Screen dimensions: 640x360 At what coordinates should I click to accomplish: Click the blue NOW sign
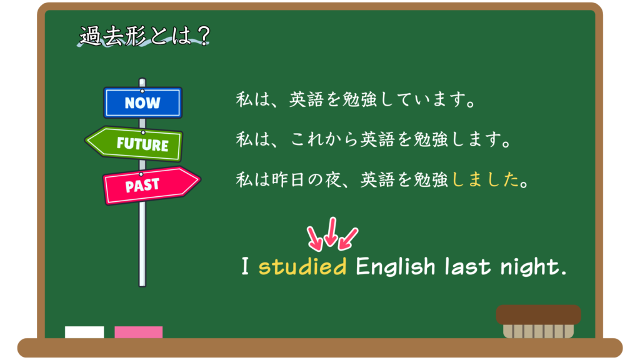[x=142, y=102]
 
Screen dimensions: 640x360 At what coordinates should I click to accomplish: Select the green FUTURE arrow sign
[x=134, y=144]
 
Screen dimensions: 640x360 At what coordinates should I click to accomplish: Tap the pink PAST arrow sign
[x=151, y=185]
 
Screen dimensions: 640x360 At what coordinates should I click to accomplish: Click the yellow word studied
[x=302, y=267]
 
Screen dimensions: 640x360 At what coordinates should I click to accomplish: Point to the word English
[x=396, y=267]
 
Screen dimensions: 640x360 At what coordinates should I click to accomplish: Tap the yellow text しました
[x=485, y=179]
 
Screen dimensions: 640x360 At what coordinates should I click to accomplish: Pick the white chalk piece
[x=84, y=332]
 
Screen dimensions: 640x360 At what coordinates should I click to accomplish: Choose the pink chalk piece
[x=138, y=332]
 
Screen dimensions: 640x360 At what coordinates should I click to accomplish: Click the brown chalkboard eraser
[x=538, y=322]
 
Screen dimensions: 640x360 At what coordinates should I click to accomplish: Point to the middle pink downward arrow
[x=331, y=232]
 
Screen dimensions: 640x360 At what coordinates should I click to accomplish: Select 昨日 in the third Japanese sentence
[x=288, y=179]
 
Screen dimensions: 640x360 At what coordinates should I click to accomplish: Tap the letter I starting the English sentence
[x=245, y=266]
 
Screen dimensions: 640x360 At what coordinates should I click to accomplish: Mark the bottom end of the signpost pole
[x=142, y=286]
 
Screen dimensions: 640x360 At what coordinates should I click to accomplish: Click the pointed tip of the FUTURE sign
[x=85, y=141]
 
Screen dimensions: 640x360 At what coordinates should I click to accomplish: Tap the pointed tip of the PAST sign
[x=201, y=180]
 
